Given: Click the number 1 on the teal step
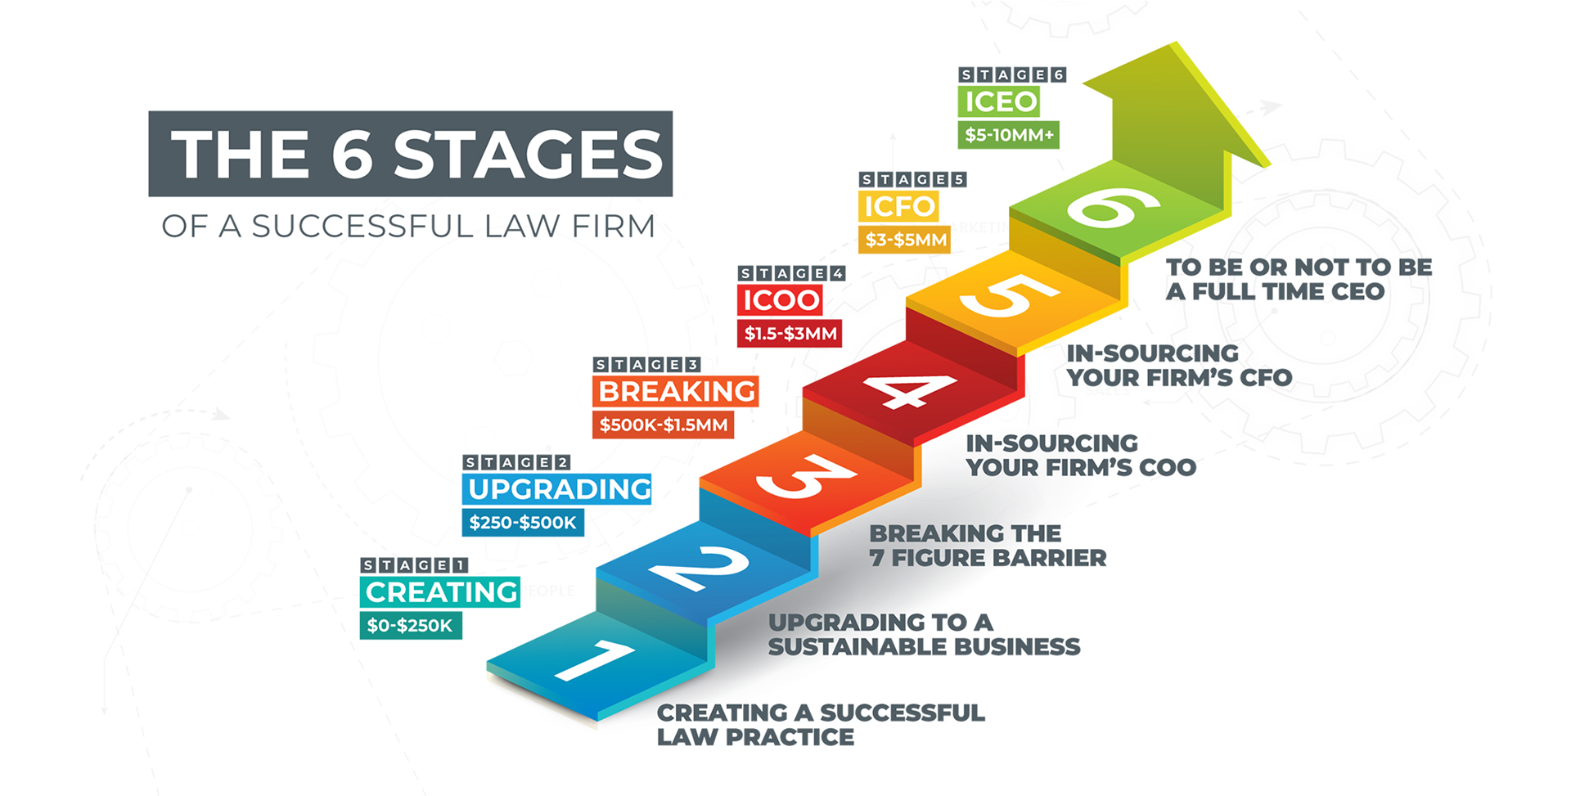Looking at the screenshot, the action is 593,660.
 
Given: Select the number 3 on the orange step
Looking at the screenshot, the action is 806,476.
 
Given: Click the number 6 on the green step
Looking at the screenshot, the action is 1114,207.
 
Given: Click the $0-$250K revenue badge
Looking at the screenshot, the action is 411,626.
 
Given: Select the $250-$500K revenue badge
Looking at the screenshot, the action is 523,523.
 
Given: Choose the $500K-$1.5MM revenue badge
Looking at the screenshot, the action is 664,425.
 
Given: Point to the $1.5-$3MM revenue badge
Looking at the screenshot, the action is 790,334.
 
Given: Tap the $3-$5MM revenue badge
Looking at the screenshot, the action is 905,240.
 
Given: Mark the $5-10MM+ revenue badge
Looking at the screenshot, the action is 1009,135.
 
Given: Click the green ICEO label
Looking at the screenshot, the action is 999,101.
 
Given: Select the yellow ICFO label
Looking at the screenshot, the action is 898,206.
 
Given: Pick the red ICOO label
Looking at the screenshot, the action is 780,300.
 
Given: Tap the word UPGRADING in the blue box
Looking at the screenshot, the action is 560,489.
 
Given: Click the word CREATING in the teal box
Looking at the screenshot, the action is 442,592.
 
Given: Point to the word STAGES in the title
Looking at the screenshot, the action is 528,155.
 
